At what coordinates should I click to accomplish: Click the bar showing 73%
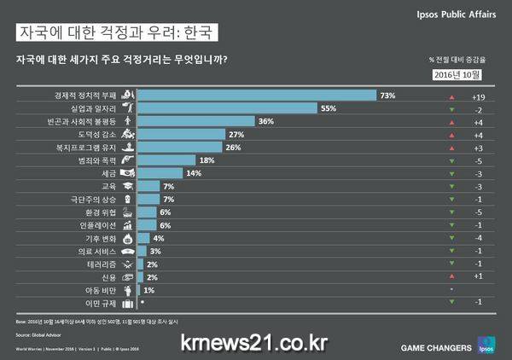[x=256, y=96]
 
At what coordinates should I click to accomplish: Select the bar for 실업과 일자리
[x=227, y=108]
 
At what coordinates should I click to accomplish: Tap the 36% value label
[x=265, y=122]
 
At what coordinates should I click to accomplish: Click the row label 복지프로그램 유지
[x=90, y=148]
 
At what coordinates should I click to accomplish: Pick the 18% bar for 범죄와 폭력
[x=166, y=160]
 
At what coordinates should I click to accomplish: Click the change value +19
[x=478, y=96]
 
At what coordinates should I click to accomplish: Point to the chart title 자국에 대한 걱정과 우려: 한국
[x=115, y=33]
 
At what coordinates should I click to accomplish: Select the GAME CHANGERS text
[x=435, y=347]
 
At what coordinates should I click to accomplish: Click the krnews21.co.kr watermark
[x=253, y=342]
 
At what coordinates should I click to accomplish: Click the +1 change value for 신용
[x=478, y=276]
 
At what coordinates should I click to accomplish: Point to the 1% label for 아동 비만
[x=148, y=290]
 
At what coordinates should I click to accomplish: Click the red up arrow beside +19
[x=451, y=96]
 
